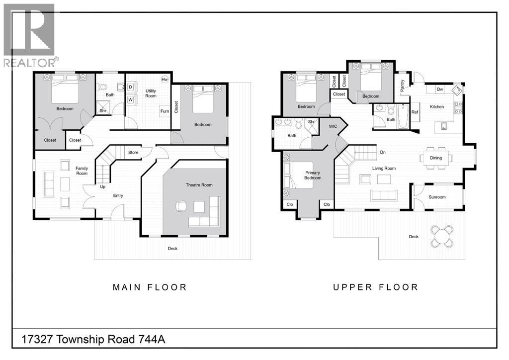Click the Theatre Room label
(x=199, y=185)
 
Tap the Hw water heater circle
(x=165, y=80)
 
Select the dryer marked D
(x=131, y=88)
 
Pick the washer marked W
(x=131, y=99)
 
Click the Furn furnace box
(x=165, y=111)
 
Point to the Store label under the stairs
(x=133, y=152)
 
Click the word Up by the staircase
(x=102, y=187)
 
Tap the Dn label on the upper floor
(x=383, y=152)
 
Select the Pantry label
(x=402, y=86)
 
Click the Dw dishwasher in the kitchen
(x=440, y=90)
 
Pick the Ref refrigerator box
(x=415, y=112)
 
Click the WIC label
(x=333, y=126)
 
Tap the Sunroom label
(x=437, y=197)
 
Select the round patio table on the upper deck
(x=441, y=236)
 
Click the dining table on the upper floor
(x=436, y=158)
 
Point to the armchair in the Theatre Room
(x=181, y=206)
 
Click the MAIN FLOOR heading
(x=150, y=287)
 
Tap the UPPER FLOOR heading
(x=376, y=287)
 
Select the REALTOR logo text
(x=29, y=63)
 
